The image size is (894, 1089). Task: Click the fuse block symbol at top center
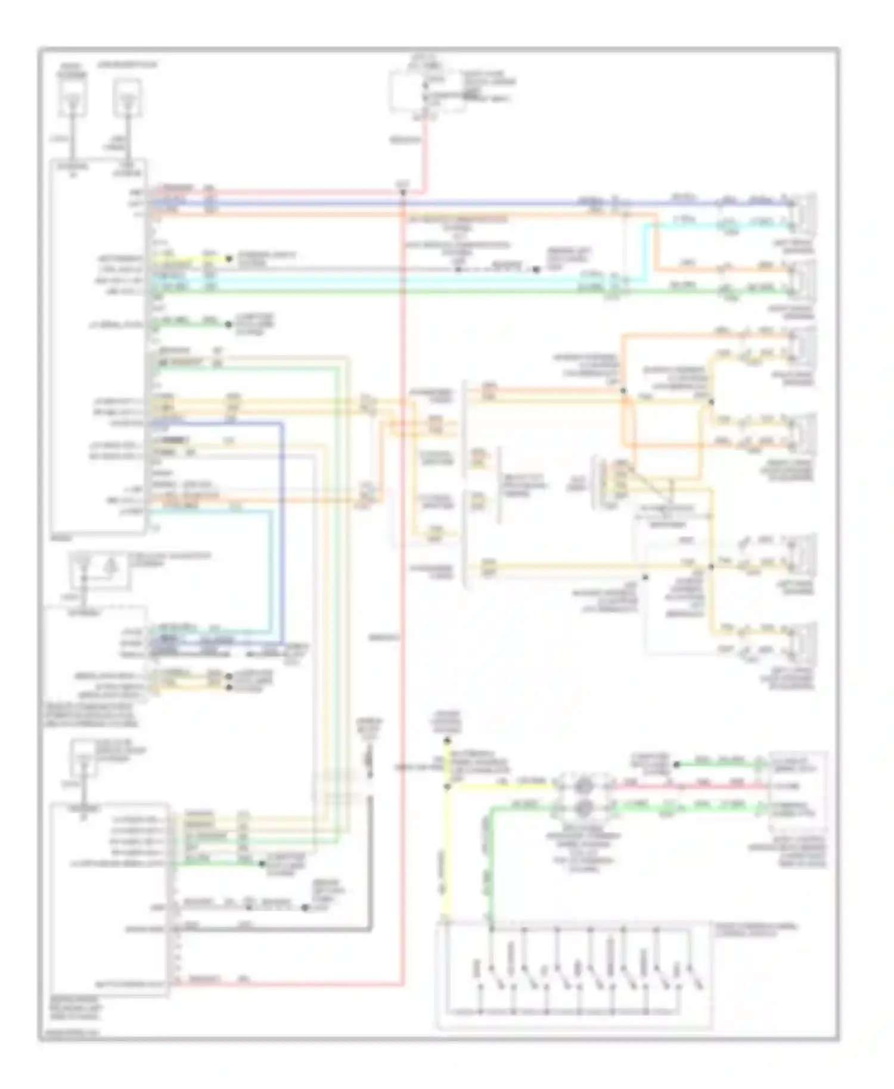(x=427, y=91)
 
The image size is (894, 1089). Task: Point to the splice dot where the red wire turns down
(x=403, y=192)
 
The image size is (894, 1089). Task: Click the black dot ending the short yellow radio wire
(x=228, y=259)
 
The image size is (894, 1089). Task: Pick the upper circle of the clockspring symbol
(x=584, y=786)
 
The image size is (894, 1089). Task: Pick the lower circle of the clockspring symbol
(x=584, y=808)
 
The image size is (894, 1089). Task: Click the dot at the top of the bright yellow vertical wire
(x=447, y=742)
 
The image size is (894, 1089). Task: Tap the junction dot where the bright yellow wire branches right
(x=447, y=787)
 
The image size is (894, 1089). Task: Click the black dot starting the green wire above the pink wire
(x=676, y=764)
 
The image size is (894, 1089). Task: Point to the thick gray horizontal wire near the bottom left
(x=268, y=929)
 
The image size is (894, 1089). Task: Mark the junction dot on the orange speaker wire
(x=623, y=391)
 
